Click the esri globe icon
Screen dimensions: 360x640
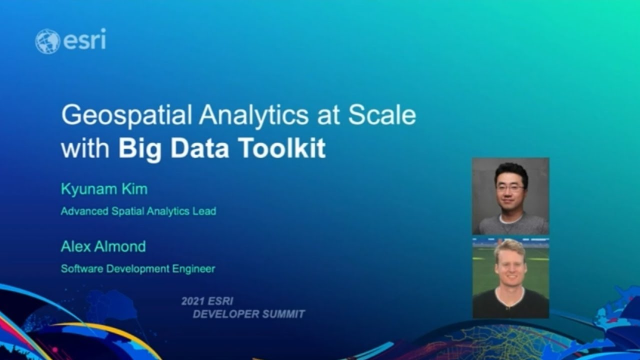tap(47, 41)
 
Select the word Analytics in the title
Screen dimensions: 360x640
tap(253, 116)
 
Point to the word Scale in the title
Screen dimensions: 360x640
tap(382, 115)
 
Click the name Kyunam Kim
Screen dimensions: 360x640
tap(104, 189)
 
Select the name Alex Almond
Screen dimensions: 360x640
tap(103, 246)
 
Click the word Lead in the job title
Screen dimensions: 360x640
tap(205, 211)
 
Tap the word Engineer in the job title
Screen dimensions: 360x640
tap(195, 269)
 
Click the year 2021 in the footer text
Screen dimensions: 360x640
tap(191, 301)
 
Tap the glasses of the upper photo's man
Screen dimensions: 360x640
tap(510, 188)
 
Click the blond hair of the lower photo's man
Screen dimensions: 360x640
tap(509, 246)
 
